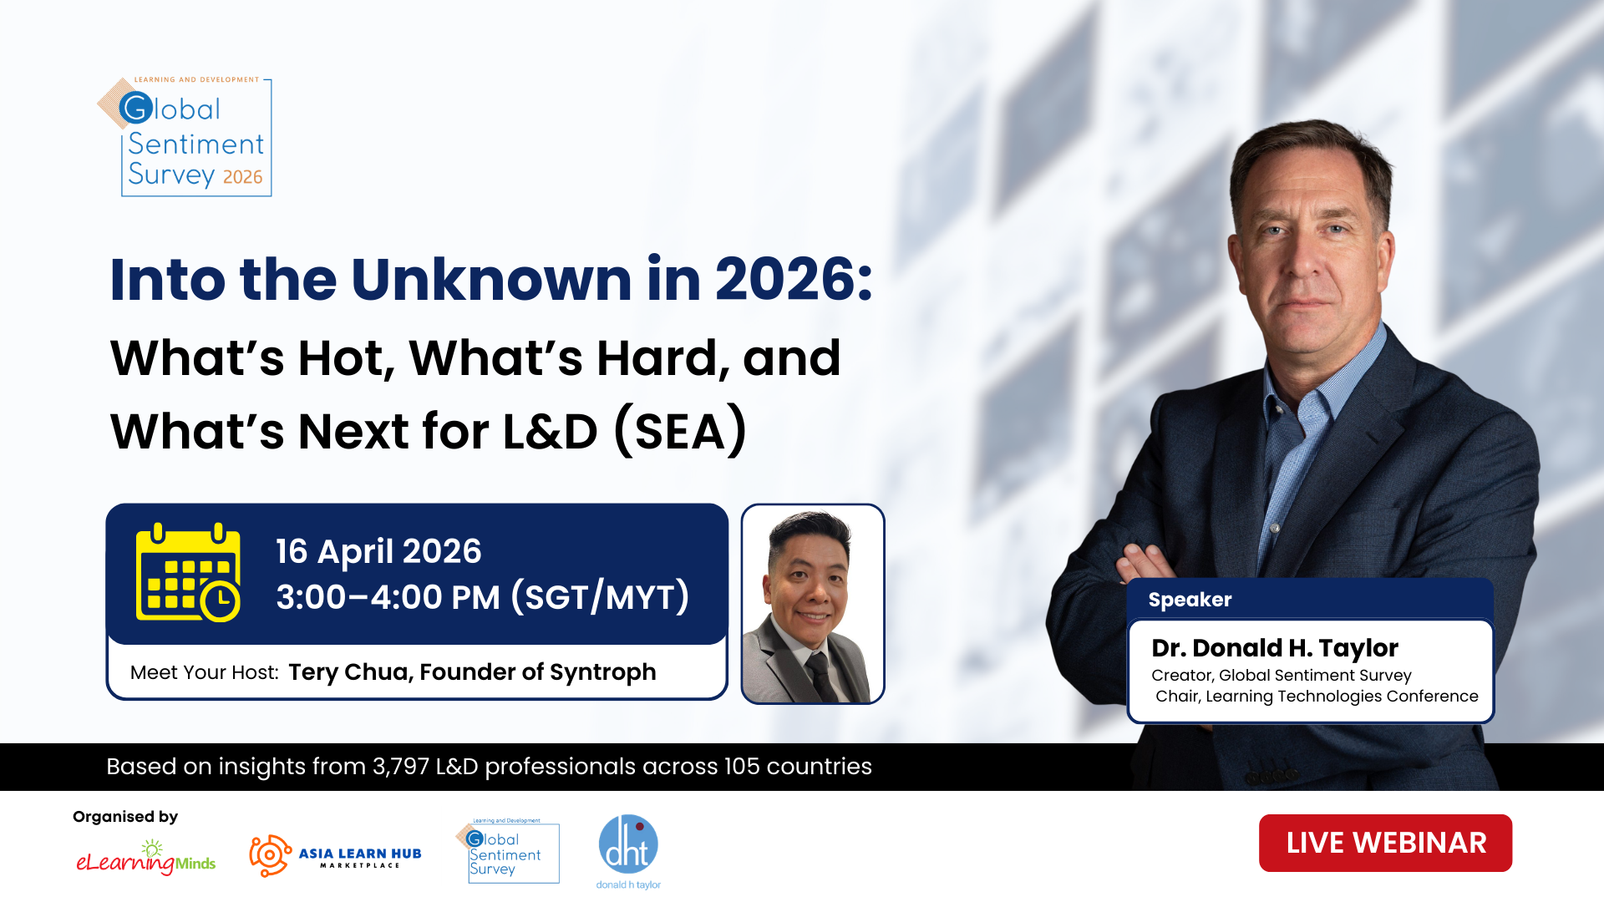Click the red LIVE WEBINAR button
click(x=1385, y=843)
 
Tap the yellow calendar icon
click(x=188, y=573)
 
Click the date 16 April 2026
click(x=378, y=551)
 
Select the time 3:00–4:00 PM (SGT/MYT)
click(x=483, y=597)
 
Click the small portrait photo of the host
click(x=813, y=604)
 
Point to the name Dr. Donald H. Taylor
click(x=1274, y=648)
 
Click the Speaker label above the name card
click(x=1190, y=600)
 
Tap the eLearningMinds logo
click(x=146, y=858)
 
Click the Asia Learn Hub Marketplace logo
click(x=335, y=856)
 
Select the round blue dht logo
click(x=628, y=845)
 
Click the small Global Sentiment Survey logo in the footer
click(x=507, y=851)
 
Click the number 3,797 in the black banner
click(x=401, y=767)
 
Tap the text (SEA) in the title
click(x=681, y=431)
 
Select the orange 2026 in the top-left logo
click(x=242, y=177)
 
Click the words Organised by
click(x=125, y=817)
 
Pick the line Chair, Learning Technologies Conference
click(x=1317, y=697)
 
